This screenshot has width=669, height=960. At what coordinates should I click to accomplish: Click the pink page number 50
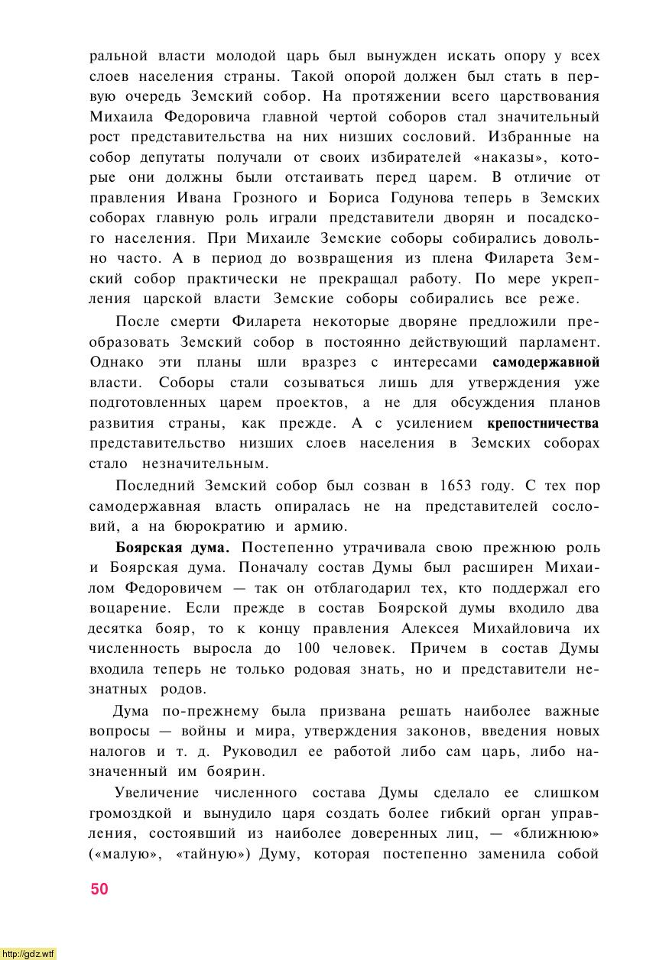click(99, 889)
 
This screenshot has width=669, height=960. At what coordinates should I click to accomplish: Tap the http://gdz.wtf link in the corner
click(28, 954)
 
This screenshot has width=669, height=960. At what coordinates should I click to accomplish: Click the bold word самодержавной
click(546, 362)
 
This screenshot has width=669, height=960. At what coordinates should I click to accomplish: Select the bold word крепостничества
click(543, 423)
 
